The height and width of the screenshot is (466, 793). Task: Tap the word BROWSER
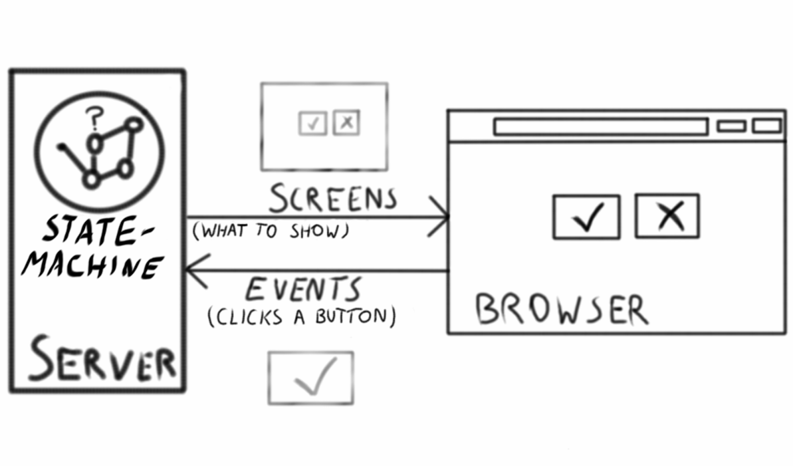point(562,309)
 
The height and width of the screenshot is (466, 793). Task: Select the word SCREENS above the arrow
point(333,199)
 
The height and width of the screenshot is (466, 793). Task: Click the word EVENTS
point(303,290)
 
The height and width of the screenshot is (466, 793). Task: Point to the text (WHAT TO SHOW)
point(271,231)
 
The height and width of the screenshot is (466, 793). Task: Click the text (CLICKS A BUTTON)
point(302,317)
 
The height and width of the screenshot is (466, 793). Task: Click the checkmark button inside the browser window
point(586,217)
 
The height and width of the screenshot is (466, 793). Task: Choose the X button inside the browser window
point(667,216)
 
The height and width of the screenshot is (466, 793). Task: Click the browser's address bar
point(600,127)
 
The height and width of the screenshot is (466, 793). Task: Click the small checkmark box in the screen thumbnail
point(312,123)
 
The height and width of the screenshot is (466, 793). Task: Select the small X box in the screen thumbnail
point(346,122)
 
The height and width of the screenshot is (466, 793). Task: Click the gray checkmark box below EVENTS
point(311,378)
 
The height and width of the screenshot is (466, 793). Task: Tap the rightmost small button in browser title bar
point(767,126)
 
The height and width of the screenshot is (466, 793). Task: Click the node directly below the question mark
point(94,144)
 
